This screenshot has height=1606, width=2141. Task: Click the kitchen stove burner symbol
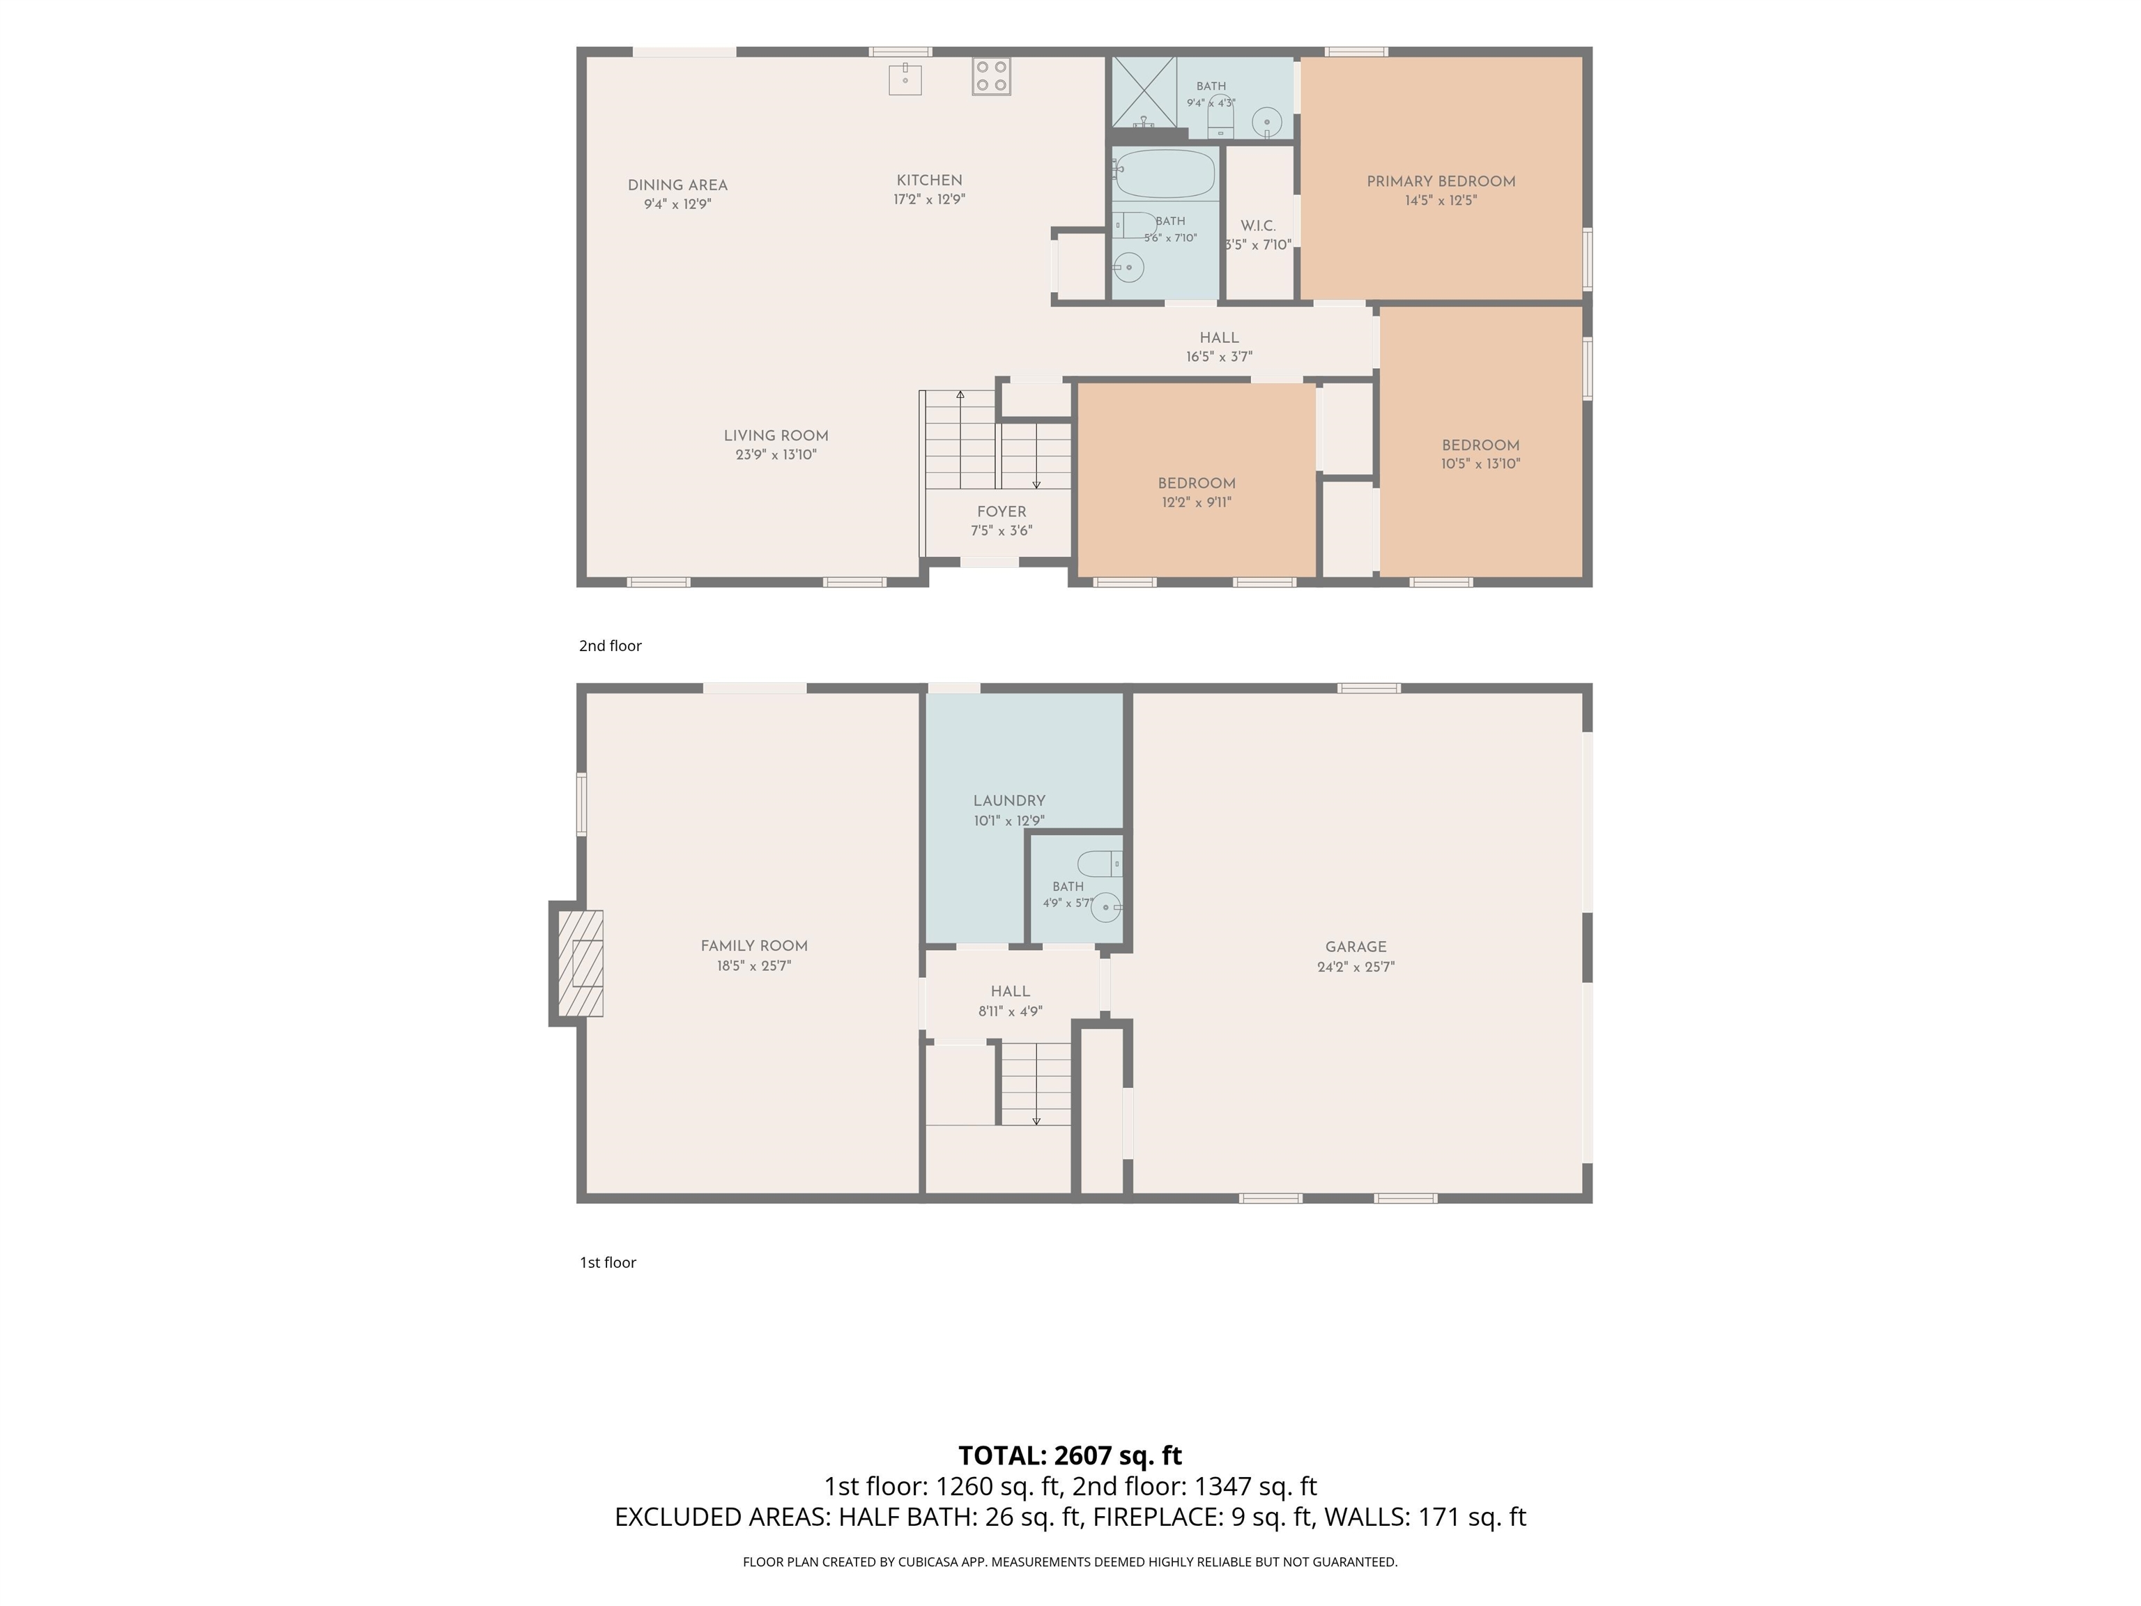tap(991, 77)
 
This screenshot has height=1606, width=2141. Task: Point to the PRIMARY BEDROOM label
tap(1441, 181)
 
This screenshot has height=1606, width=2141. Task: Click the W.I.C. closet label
tap(1258, 226)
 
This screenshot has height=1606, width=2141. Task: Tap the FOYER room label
tap(1002, 512)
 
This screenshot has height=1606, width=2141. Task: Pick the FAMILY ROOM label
tap(754, 946)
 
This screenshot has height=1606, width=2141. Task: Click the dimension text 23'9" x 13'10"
tap(776, 454)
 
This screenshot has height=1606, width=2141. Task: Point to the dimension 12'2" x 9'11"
tap(1197, 503)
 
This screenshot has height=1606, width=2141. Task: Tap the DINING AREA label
tap(677, 185)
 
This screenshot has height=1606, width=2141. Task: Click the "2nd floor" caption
tap(610, 645)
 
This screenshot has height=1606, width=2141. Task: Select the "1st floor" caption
tap(608, 1262)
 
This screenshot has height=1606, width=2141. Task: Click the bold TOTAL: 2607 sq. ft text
tap(1070, 1455)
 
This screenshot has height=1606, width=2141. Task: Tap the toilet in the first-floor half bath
tap(1100, 862)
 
